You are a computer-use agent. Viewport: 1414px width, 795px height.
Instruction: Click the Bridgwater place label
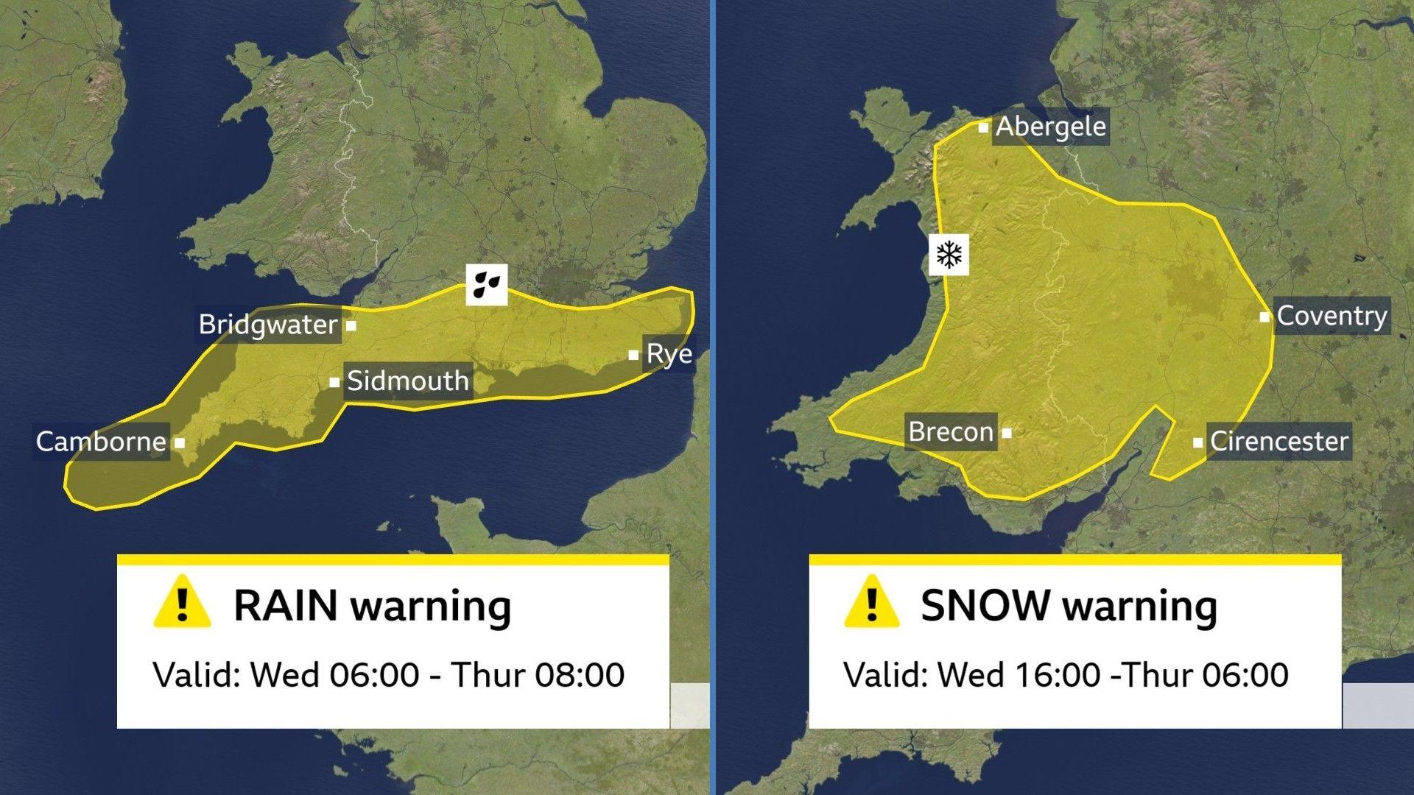pyautogui.click(x=268, y=325)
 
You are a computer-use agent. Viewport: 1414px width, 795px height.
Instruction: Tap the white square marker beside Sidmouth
pyautogui.click(x=334, y=382)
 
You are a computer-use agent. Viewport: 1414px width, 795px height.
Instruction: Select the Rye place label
pyautogui.click(x=669, y=354)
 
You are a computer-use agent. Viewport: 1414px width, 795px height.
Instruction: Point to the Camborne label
pyautogui.click(x=101, y=442)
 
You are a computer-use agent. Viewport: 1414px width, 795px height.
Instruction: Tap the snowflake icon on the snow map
pyautogui.click(x=949, y=255)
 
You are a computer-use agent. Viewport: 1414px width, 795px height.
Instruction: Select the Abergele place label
pyautogui.click(x=1050, y=127)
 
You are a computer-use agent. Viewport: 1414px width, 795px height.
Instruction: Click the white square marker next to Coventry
pyautogui.click(x=1264, y=317)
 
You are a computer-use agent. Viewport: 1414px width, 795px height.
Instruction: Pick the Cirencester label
pyautogui.click(x=1278, y=442)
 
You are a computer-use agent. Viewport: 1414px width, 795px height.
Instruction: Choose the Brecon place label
pyautogui.click(x=951, y=431)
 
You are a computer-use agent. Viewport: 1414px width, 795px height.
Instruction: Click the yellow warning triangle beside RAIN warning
pyautogui.click(x=183, y=603)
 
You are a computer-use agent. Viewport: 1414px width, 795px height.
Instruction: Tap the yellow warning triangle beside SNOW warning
pyautogui.click(x=872, y=603)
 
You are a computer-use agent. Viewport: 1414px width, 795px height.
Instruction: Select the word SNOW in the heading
pyautogui.click(x=985, y=606)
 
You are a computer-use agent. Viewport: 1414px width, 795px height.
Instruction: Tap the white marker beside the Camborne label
pyautogui.click(x=180, y=443)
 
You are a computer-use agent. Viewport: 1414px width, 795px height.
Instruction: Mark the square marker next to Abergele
pyautogui.click(x=983, y=127)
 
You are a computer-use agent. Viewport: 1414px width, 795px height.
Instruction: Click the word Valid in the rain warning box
pyautogui.click(x=196, y=675)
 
